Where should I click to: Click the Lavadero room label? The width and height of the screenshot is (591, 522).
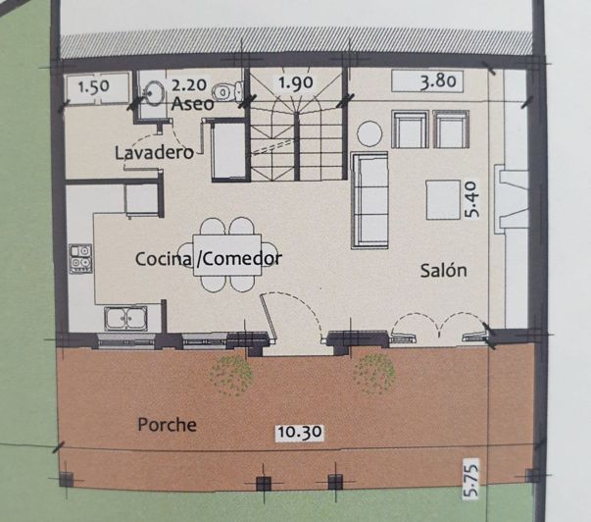[154, 153]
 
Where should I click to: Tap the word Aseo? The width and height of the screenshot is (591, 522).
[193, 103]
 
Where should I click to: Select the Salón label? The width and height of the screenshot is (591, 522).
[443, 270]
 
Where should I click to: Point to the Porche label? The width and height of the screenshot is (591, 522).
[167, 425]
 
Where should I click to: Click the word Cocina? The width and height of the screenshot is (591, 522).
[164, 259]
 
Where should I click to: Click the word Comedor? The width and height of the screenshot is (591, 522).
[239, 259]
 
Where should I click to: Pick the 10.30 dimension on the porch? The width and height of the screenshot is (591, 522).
[300, 432]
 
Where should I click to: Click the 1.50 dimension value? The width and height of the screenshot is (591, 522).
[93, 87]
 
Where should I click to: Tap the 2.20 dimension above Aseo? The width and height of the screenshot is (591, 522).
[189, 85]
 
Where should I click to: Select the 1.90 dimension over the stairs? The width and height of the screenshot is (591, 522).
[296, 82]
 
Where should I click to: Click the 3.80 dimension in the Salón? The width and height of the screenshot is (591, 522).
[437, 81]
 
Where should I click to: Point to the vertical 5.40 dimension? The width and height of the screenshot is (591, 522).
[471, 200]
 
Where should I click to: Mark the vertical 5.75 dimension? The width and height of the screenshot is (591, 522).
[470, 478]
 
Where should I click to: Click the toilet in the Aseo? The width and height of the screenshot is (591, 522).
[227, 90]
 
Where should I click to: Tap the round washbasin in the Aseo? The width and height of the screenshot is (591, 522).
[154, 91]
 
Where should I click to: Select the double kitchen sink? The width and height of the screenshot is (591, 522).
[125, 319]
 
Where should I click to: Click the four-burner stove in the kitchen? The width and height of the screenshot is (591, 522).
[80, 258]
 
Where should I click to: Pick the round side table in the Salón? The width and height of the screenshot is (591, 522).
[369, 133]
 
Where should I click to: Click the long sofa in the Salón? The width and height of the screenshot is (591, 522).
[369, 200]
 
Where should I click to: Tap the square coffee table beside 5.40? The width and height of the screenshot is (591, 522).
[443, 200]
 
